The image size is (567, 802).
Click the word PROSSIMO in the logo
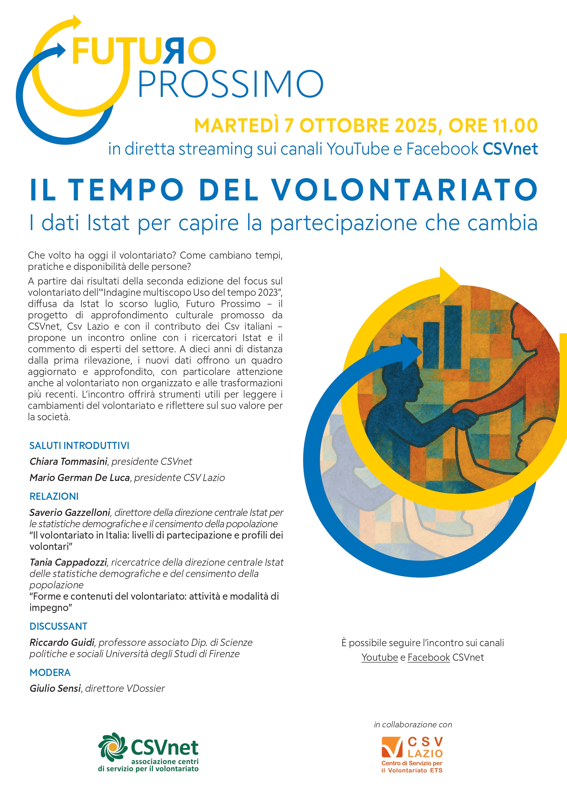point(230,84)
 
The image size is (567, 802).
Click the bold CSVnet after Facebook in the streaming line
point(510,149)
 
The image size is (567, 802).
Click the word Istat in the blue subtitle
point(108,222)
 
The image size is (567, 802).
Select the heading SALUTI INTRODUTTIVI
point(79,445)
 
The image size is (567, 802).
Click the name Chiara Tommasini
point(68,461)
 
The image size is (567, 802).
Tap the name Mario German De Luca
point(80,477)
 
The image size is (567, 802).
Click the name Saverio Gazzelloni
point(70,512)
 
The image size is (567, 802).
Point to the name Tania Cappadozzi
point(68,562)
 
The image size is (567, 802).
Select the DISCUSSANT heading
point(58,626)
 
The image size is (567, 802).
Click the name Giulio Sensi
point(55,689)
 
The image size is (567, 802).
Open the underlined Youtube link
point(380,658)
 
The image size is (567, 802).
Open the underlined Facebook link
point(429,658)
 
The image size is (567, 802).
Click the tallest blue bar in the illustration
point(453,337)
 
